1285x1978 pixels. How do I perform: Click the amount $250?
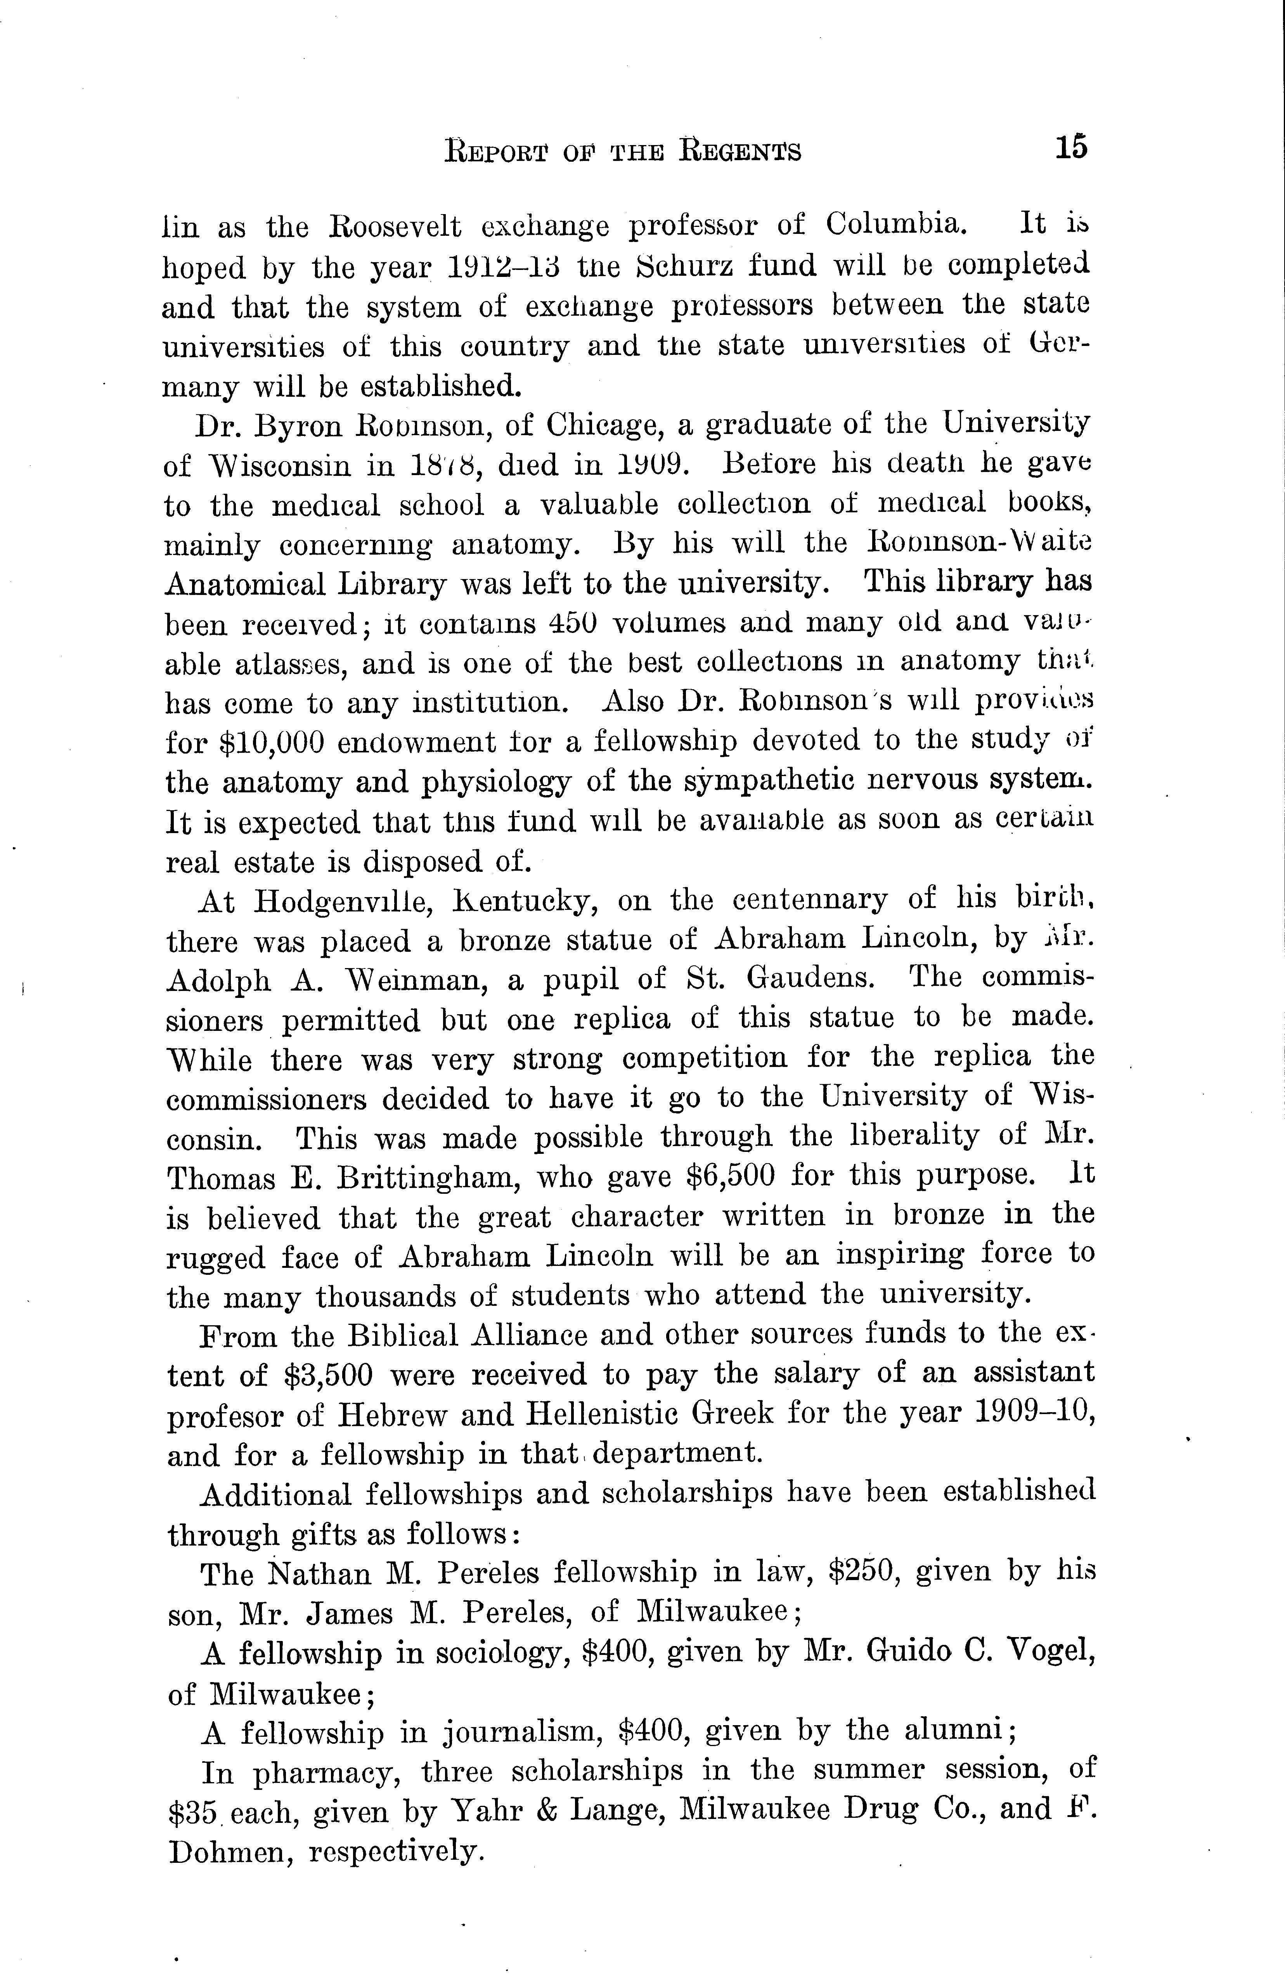coord(869,1572)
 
